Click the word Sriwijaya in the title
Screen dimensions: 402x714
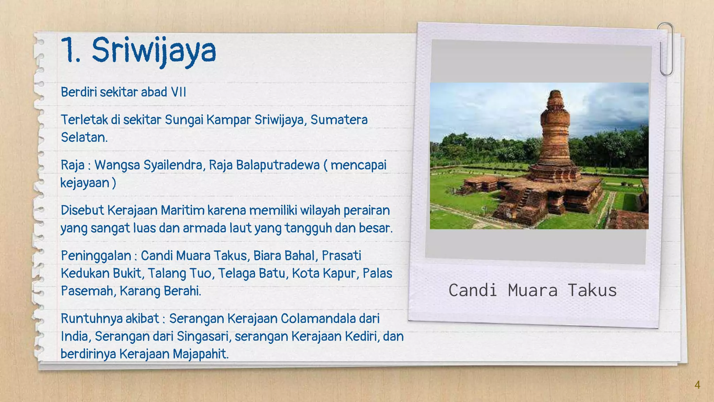click(x=154, y=51)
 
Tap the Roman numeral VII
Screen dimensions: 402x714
click(x=178, y=92)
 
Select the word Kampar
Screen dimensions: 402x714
click(x=228, y=120)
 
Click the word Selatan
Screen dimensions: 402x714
click(x=84, y=137)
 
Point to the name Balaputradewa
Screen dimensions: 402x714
click(x=278, y=165)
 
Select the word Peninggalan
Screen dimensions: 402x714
click(x=96, y=256)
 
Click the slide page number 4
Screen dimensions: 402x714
click(x=697, y=385)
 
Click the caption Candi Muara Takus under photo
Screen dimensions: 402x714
click(x=532, y=290)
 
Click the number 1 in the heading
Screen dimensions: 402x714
click(x=69, y=51)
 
